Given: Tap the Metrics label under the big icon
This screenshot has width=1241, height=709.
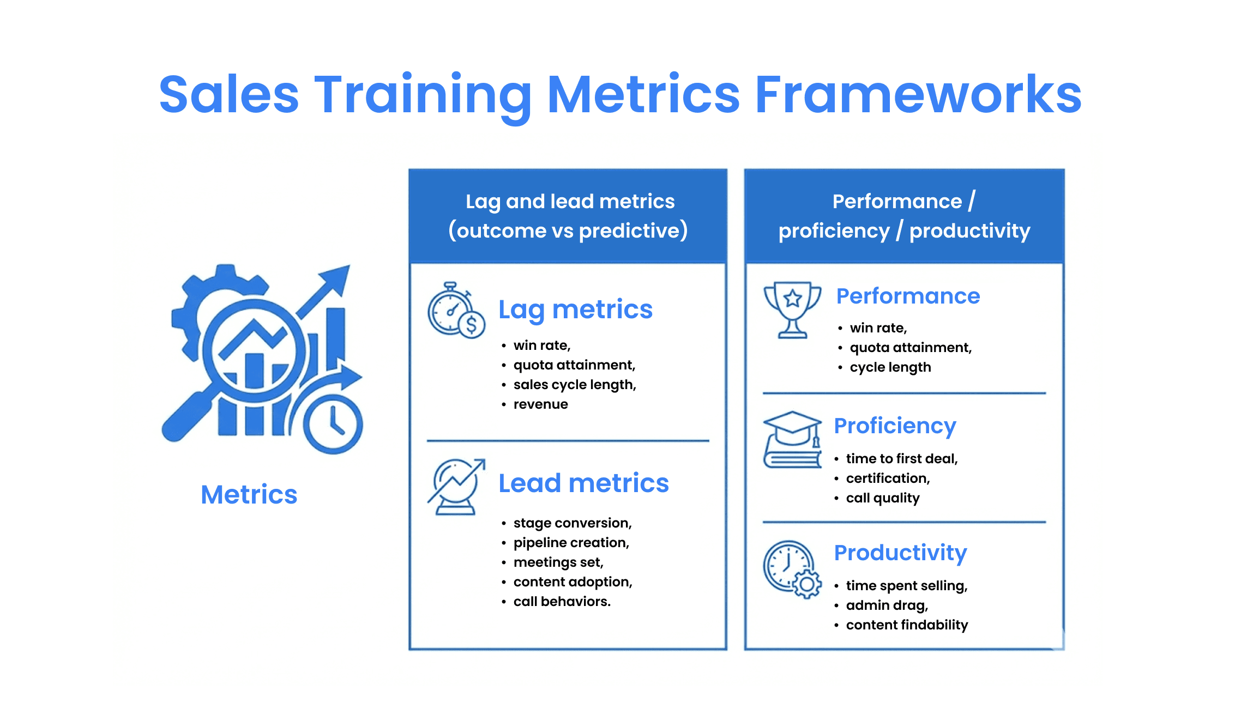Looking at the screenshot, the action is pyautogui.click(x=249, y=494).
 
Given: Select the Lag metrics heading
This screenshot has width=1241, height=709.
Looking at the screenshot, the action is pyautogui.click(x=575, y=310).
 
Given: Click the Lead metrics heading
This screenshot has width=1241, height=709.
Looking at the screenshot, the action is pyautogui.click(x=583, y=483).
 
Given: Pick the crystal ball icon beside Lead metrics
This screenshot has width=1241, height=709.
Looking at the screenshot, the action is pyautogui.click(x=456, y=487).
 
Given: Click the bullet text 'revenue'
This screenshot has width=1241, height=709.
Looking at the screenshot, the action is pyautogui.click(x=540, y=404).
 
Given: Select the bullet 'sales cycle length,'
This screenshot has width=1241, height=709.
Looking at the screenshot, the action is pyautogui.click(x=575, y=385).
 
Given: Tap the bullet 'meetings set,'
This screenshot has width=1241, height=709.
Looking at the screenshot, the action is pyautogui.click(x=558, y=562).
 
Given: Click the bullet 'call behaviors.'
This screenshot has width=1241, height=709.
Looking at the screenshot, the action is pyautogui.click(x=562, y=602).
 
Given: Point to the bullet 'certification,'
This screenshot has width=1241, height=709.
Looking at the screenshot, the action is pyautogui.click(x=888, y=478).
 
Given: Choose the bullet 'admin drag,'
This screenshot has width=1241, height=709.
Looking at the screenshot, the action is pyautogui.click(x=887, y=605).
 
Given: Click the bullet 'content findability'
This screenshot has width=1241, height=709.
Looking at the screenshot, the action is pyautogui.click(x=907, y=625).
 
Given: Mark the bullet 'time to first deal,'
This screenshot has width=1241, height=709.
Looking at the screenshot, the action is pyautogui.click(x=901, y=459).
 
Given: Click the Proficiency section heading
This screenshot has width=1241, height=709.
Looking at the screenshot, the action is pyautogui.click(x=895, y=426).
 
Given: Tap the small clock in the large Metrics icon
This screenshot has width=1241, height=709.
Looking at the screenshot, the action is pyautogui.click(x=333, y=425).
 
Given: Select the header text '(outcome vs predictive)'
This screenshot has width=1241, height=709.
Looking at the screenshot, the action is pyautogui.click(x=568, y=231).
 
